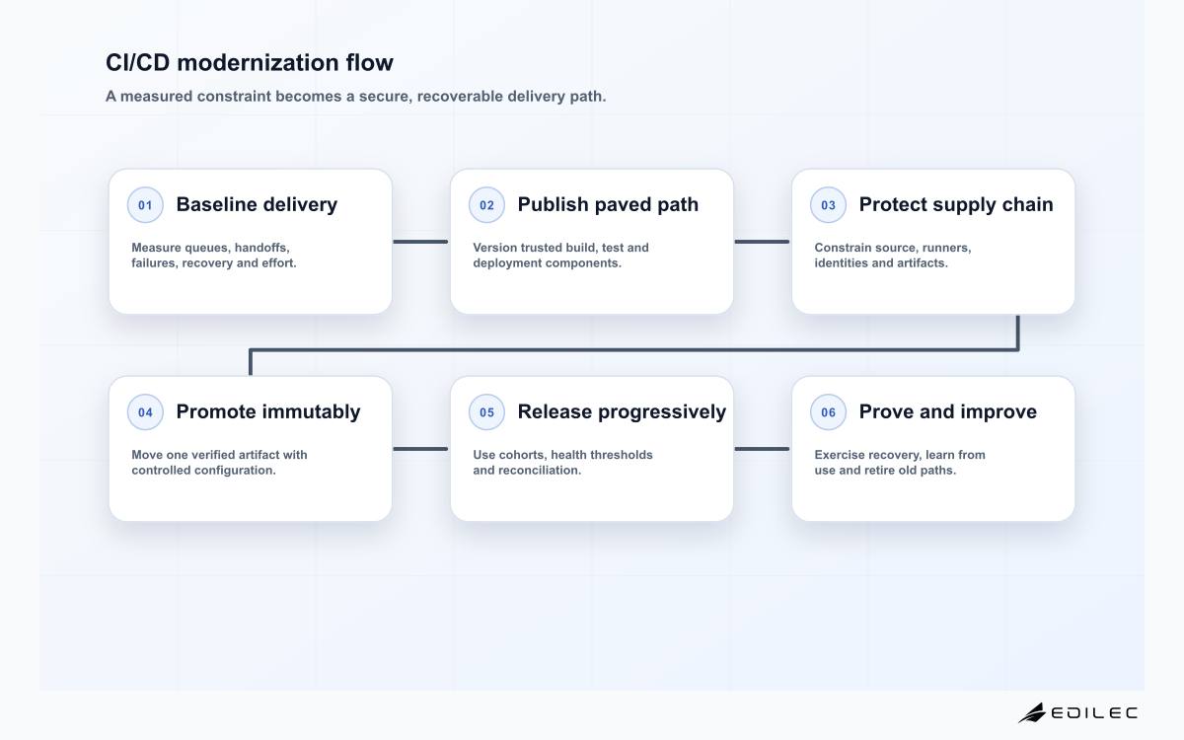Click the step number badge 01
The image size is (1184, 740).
(145, 204)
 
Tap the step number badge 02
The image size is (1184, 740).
(486, 204)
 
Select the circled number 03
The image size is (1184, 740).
(828, 204)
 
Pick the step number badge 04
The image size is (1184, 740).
(145, 411)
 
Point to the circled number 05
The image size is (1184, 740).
(486, 411)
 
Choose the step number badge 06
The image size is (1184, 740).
(828, 411)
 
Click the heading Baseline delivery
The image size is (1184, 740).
(257, 204)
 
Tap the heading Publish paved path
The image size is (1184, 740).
(608, 204)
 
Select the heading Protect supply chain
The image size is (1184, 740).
(956, 204)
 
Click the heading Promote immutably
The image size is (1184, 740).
(268, 411)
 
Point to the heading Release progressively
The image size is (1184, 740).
(622, 411)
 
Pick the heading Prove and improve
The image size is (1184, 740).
(948, 411)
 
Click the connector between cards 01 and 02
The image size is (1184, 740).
(420, 242)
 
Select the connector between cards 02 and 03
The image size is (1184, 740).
(762, 242)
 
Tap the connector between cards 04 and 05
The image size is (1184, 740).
(420, 449)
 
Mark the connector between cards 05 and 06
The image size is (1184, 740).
(762, 449)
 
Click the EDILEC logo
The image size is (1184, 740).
(1077, 712)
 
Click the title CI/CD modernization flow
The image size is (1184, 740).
(250, 62)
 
